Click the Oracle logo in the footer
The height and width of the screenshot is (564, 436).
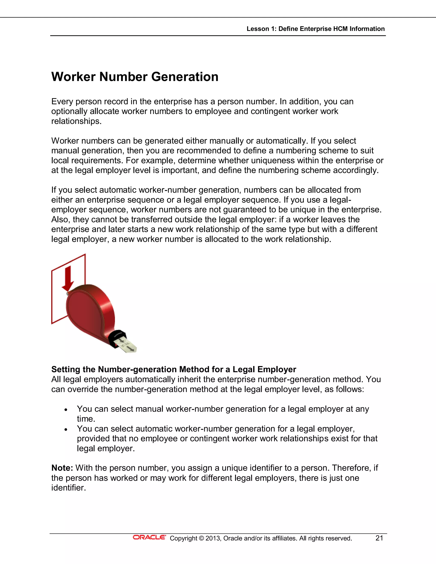tap(149, 537)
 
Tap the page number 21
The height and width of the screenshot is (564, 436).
tap(379, 538)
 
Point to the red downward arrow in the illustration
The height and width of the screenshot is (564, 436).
tap(68, 279)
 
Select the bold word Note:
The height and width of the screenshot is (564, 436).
tap(62, 468)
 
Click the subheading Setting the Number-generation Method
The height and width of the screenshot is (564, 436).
tap(174, 369)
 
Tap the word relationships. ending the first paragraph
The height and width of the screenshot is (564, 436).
tap(76, 121)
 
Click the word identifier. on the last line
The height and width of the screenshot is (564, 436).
tap(69, 488)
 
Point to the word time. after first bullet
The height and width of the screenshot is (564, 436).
tap(86, 419)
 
